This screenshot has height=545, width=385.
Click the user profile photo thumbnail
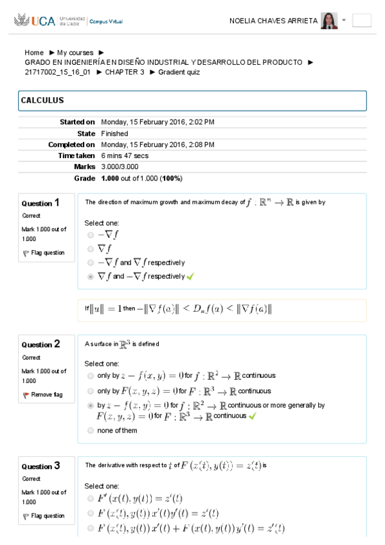tap(329, 21)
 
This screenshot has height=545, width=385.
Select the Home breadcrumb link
tap(34, 53)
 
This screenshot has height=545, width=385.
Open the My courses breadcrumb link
tap(75, 53)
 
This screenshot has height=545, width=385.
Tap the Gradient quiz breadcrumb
tap(179, 72)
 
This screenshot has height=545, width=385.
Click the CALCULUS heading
tap(42, 101)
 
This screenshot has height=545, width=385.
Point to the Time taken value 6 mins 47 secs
tap(125, 156)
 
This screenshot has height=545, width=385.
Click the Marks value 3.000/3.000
tap(120, 167)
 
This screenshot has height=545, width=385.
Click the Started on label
tap(77, 121)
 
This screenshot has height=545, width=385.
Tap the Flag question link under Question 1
tap(48, 253)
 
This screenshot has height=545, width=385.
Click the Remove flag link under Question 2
tap(46, 395)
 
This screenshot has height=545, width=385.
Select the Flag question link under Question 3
tap(48, 515)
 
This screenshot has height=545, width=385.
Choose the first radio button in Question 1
tap(91, 235)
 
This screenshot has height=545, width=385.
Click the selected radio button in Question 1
tap(91, 276)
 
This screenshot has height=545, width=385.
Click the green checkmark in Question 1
tap(190, 276)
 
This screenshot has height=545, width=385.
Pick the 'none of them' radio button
tap(91, 431)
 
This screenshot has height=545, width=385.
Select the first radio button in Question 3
tap(91, 498)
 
